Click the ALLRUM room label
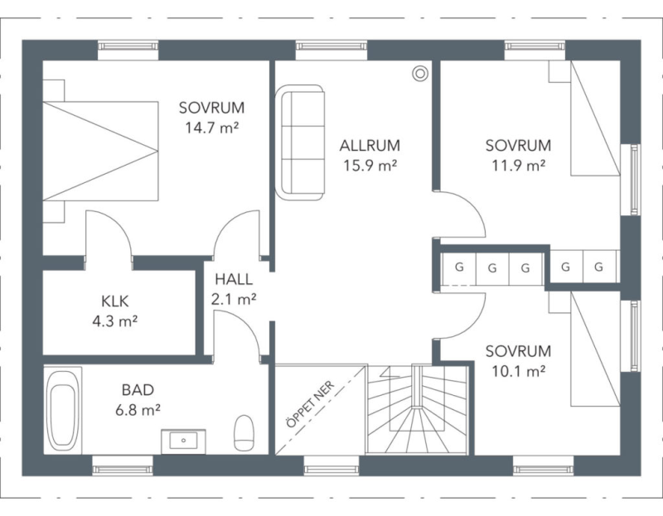coord(370,146)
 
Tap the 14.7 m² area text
coord(212,128)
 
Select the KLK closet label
coord(115,301)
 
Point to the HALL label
coord(234,279)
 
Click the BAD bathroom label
coord(138,389)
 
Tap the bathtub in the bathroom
coord(63,411)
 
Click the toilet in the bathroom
coord(244,432)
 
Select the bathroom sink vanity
coord(183,441)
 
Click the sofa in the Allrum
coord(300,142)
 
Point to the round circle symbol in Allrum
coord(420,74)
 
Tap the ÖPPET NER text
coord(310,404)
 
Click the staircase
coord(418,410)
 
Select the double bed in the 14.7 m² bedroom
coord(100,151)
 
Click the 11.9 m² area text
coord(519,166)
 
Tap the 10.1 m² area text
coord(519,371)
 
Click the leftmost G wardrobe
coord(459,268)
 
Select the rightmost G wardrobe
coord(599,267)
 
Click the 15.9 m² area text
coord(370,166)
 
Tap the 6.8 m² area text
coord(138,409)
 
